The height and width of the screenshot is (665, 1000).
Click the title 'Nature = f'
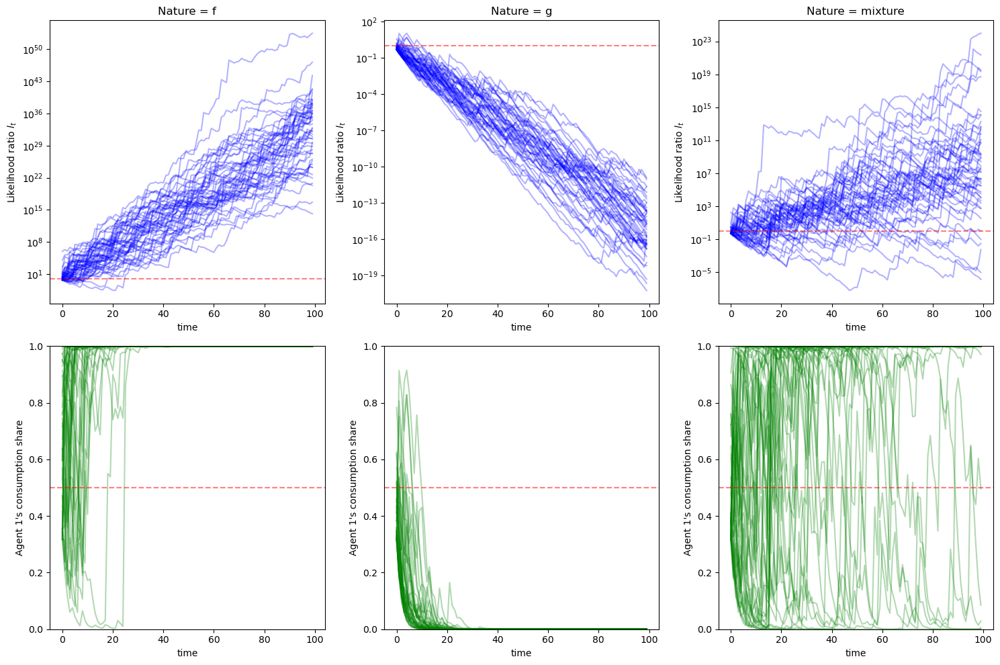187,11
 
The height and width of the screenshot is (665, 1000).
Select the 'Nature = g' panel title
521,11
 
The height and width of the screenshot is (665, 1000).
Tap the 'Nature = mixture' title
855,11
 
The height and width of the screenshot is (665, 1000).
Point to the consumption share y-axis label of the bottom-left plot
19,488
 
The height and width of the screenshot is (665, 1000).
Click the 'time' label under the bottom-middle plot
521,653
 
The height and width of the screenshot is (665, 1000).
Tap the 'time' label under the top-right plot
855,327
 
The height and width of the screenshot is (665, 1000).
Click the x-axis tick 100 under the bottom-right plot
983,639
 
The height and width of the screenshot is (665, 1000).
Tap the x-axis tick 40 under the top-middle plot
498,313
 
